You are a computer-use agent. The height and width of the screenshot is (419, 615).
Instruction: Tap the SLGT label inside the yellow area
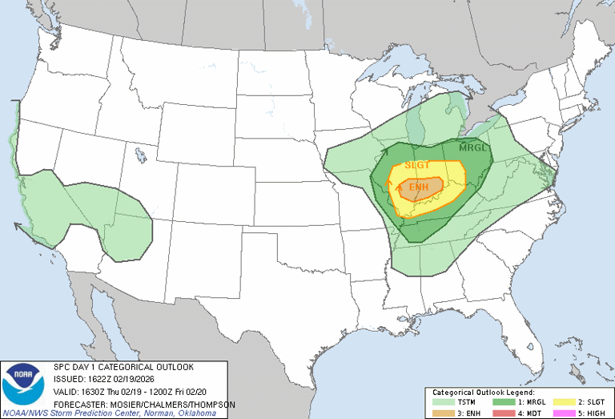417,165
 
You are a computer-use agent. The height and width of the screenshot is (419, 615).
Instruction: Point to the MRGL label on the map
472,148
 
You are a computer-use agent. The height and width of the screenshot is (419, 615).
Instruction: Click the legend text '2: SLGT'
590,401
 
